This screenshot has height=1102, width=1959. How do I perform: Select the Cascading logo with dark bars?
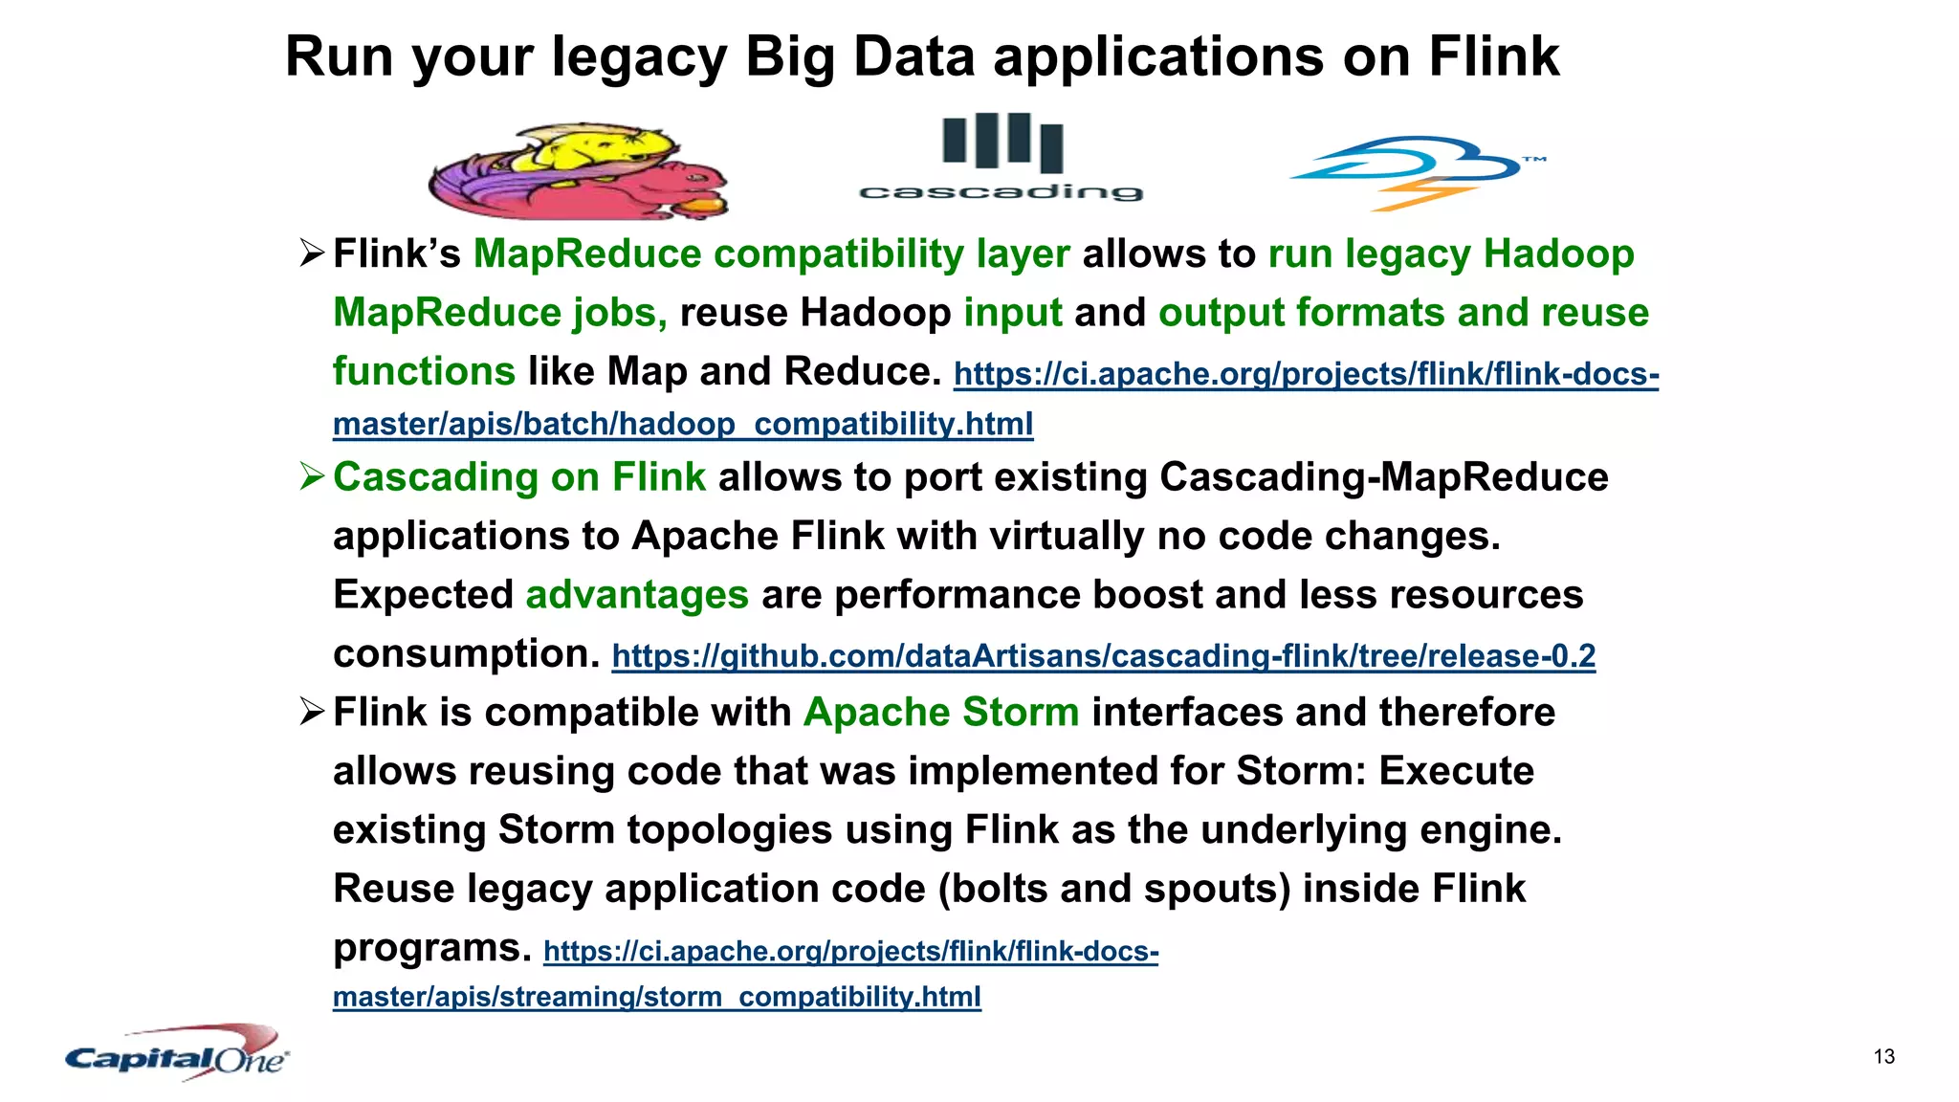[1002, 158]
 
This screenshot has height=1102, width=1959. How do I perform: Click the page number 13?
[1883, 1057]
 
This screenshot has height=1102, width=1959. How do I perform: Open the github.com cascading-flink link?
[1103, 656]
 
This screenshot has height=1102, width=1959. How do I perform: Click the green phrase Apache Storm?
[941, 713]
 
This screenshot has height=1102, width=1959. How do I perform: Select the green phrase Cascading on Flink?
[519, 477]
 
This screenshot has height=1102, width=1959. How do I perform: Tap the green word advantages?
[637, 595]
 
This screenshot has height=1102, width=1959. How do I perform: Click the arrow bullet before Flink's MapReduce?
[312, 254]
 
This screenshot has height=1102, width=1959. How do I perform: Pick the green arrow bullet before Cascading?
[312, 476]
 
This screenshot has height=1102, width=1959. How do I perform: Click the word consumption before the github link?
[466, 654]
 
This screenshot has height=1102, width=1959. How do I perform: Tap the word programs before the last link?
[431, 948]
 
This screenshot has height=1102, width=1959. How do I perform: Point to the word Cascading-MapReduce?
[1383, 477]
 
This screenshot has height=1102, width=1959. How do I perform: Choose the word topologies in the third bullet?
[729, 830]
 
